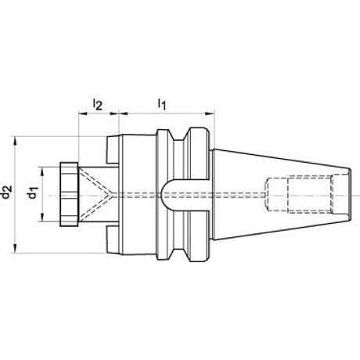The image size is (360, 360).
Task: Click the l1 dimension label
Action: click(162, 104)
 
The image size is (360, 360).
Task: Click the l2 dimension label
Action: click(98, 104)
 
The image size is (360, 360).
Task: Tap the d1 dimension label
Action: click(33, 193)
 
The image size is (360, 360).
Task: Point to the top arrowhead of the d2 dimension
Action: click(15, 141)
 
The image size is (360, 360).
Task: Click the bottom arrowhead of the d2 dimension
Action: click(15, 248)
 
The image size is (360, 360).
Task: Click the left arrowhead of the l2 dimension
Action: click(83, 113)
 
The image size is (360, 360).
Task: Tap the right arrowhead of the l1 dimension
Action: click(210, 113)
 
